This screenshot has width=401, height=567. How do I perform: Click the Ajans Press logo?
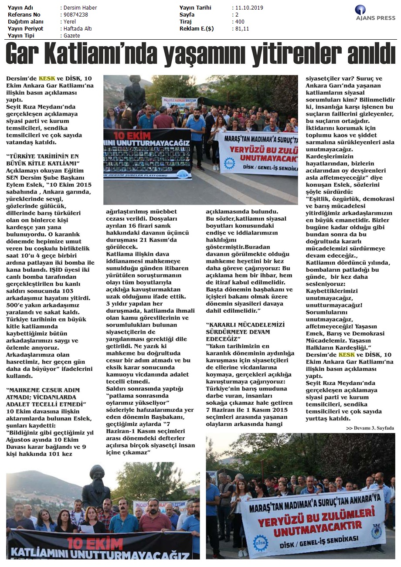[375, 13]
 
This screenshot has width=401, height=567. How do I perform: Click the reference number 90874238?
[75, 15]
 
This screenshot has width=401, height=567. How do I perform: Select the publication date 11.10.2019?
[249, 8]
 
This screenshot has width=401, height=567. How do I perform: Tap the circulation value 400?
[240, 22]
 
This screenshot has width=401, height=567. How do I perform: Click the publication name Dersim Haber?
[80, 8]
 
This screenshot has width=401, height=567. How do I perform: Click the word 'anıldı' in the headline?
[371, 53]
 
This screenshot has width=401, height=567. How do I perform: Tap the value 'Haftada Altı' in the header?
[78, 29]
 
